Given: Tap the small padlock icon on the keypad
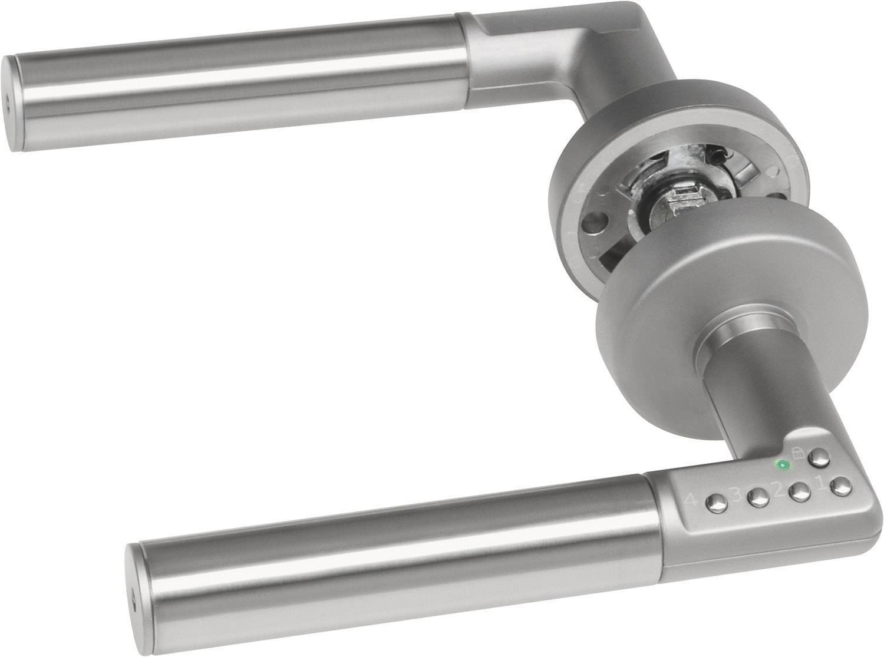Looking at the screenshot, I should click(x=797, y=452).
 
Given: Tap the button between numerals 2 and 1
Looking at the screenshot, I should click(x=799, y=493).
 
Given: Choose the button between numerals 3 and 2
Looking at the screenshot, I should click(x=756, y=499).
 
